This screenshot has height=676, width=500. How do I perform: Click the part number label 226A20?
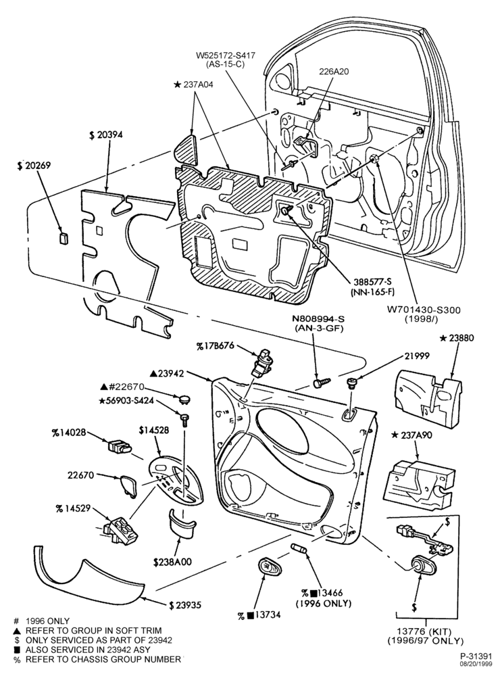pyautogui.click(x=334, y=72)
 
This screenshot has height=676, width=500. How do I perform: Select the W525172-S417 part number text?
pyautogui.click(x=226, y=55)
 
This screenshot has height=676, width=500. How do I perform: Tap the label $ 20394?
pyautogui.click(x=106, y=135)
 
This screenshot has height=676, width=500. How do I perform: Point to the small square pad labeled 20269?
pyautogui.click(x=64, y=237)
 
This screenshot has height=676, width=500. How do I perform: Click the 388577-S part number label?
pyautogui.click(x=374, y=281)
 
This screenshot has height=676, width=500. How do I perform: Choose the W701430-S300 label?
pyautogui.click(x=417, y=310)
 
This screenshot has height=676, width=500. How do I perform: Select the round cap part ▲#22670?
pyautogui.click(x=184, y=397)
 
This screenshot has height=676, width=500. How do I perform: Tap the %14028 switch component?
pyautogui.click(x=118, y=445)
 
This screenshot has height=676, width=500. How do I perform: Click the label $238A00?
pyautogui.click(x=172, y=562)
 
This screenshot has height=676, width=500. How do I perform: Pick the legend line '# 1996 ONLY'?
pyautogui.click(x=42, y=621)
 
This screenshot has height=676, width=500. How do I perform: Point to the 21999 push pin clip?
pyautogui.click(x=352, y=383)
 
